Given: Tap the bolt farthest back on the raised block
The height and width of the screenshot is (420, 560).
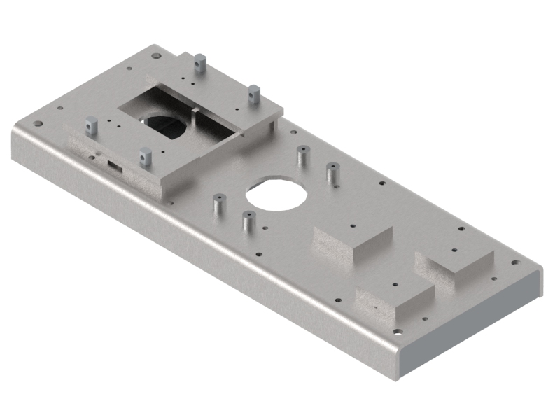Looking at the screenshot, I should (x=200, y=64).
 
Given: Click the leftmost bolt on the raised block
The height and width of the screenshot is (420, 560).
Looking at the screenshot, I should (x=90, y=126).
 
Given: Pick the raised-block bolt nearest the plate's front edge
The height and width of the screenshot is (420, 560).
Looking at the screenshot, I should (x=146, y=156).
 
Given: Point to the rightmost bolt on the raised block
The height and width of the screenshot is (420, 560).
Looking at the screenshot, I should (x=254, y=92).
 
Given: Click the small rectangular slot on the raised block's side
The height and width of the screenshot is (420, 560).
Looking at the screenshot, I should (x=113, y=167).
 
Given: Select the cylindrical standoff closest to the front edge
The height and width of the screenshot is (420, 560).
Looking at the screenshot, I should (x=247, y=221).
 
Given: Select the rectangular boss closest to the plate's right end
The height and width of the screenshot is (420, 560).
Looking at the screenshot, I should (x=455, y=267).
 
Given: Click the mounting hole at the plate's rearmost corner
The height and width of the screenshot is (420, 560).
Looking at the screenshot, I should (x=155, y=53).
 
